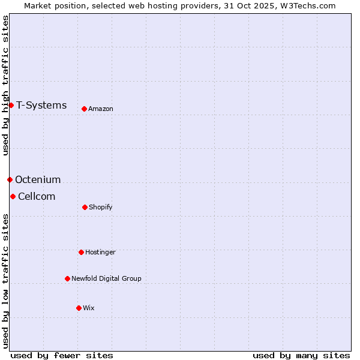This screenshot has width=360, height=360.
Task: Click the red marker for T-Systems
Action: (11, 106)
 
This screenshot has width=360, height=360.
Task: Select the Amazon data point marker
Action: (84, 109)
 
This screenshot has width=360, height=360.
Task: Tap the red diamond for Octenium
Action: (10, 179)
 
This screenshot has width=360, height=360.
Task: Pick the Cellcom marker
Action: (13, 196)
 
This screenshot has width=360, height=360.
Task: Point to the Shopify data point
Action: (85, 207)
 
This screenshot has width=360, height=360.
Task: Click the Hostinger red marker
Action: (81, 252)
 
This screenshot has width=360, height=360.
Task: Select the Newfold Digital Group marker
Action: (67, 278)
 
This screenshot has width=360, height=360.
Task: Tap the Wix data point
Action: (79, 308)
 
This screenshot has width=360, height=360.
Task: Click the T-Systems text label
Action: (41, 106)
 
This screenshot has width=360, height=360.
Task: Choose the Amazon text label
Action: (101, 109)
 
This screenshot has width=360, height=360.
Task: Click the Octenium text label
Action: (38, 179)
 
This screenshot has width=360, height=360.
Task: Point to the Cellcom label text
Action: (37, 196)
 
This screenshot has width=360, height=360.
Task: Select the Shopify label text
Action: (101, 207)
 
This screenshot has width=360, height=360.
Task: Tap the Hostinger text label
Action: (100, 252)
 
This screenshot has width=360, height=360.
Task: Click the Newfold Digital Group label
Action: (106, 278)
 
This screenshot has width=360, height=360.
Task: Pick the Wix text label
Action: (89, 308)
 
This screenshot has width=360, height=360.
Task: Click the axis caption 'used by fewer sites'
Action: (62, 355)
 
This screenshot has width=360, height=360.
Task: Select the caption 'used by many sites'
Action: (301, 355)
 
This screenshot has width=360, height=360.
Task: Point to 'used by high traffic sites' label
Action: (5, 85)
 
